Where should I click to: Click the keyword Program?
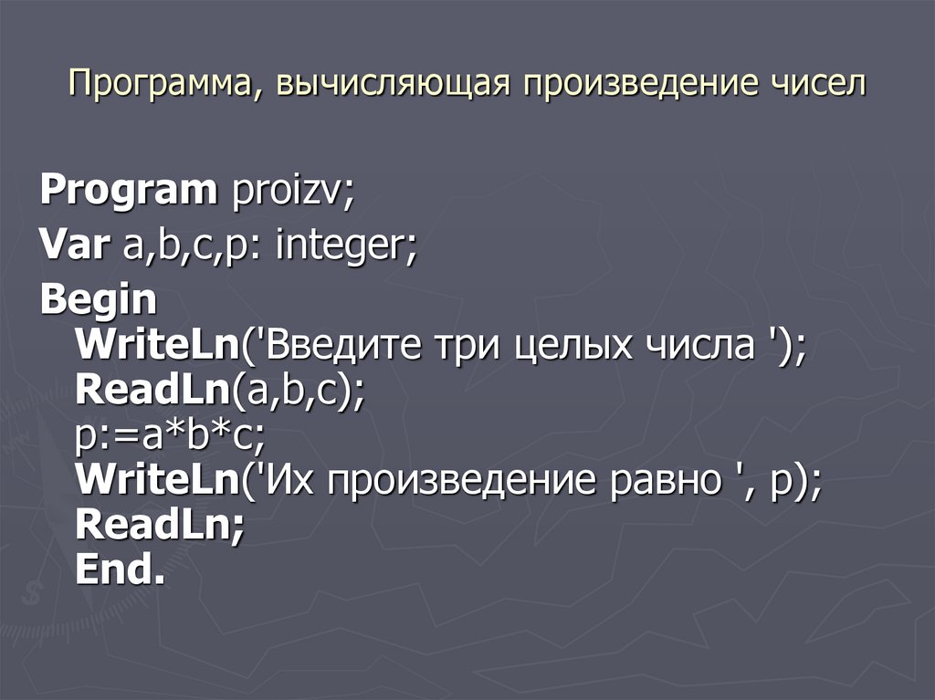pos(129,192)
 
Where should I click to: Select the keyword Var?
pos(72,246)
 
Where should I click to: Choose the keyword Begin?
pos(99,299)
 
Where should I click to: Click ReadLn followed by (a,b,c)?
pos(151,390)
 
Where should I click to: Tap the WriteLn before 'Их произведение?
pos(156,480)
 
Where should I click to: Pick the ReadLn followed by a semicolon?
pos(155,526)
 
